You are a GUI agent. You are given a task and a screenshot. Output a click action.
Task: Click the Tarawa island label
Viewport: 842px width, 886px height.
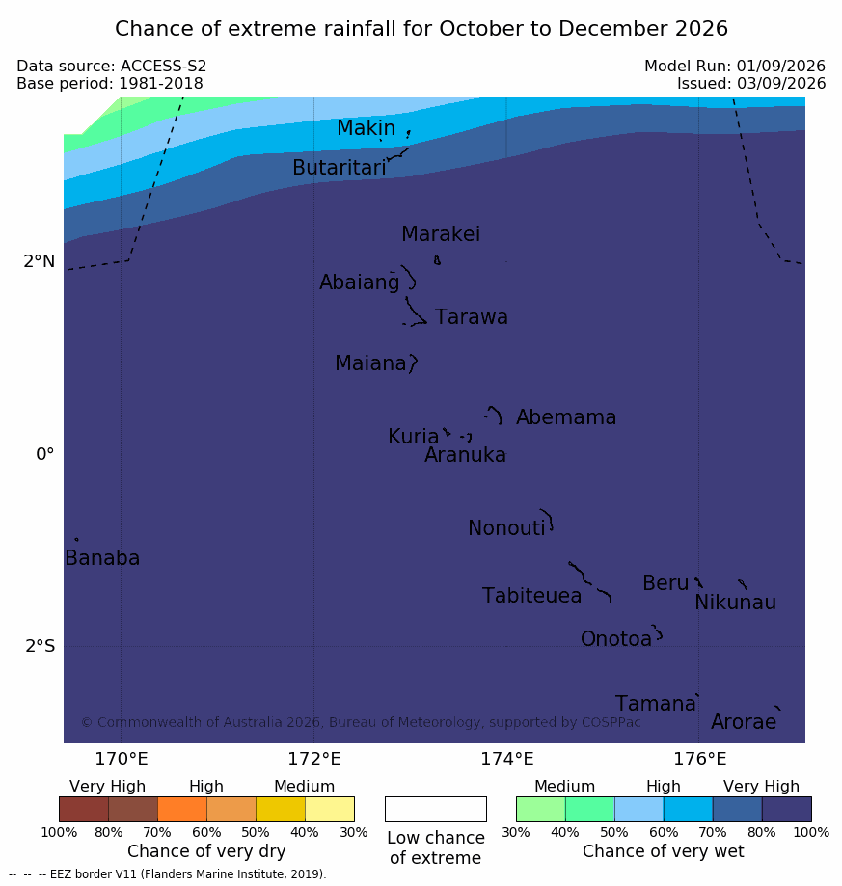click(471, 317)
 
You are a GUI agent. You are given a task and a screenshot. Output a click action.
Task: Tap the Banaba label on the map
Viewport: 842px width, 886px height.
click(102, 558)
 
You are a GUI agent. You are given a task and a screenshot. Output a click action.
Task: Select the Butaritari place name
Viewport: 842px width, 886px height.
click(340, 167)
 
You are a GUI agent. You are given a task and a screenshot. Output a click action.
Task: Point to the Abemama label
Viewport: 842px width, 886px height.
click(566, 417)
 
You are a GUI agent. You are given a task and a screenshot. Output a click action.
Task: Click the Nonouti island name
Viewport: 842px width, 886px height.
click(506, 527)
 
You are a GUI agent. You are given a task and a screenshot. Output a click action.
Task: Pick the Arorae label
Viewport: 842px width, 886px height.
click(744, 721)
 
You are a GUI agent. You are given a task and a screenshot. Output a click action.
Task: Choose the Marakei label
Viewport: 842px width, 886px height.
click(441, 234)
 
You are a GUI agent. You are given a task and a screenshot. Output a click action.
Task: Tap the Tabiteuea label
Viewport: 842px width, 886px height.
click(531, 596)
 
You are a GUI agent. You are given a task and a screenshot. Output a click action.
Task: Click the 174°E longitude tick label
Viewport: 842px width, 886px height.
click(507, 759)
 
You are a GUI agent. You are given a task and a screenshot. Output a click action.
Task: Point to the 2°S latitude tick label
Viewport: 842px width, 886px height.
click(41, 645)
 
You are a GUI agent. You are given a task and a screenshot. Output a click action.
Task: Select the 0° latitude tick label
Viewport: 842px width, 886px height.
click(45, 454)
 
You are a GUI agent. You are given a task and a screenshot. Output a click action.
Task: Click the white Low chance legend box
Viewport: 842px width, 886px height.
click(436, 809)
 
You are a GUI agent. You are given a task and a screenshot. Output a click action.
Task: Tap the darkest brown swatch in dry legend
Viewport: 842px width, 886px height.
click(84, 809)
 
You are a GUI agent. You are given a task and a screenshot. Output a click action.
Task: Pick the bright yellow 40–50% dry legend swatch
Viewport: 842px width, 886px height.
click(281, 809)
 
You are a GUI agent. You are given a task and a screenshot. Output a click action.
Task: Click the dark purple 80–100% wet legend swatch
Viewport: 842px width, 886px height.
click(787, 809)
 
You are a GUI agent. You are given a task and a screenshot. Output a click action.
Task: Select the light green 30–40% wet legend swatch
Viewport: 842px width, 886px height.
click(541, 809)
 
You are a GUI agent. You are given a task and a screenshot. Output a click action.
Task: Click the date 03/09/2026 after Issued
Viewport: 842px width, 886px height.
click(781, 84)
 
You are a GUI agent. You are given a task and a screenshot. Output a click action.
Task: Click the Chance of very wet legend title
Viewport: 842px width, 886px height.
click(664, 851)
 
